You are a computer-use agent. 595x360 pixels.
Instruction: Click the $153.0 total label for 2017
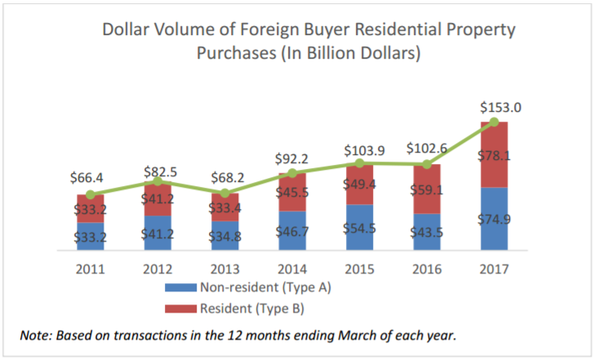[495, 107]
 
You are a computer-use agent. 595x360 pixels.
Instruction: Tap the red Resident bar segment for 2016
[426, 188]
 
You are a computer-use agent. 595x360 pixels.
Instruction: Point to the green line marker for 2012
[158, 181]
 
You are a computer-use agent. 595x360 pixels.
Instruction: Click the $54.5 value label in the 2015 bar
[359, 228]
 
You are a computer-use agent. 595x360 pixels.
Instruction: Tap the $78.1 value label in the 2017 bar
[494, 156]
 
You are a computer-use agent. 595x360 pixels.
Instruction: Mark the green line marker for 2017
[494, 122]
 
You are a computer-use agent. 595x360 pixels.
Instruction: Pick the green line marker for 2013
[224, 193]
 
